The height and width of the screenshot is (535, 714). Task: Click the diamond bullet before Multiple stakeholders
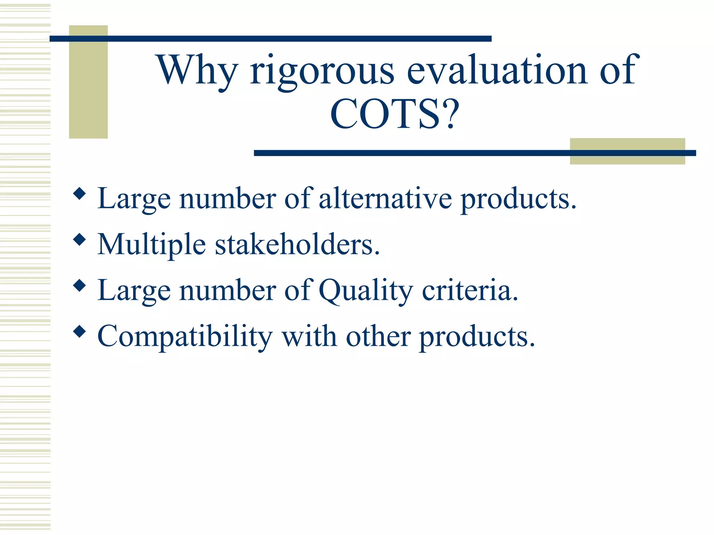pos(80,239)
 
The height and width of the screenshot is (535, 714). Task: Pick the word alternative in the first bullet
pos(385,199)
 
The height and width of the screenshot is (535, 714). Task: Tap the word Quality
pos(366,291)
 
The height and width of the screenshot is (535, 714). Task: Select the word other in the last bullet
pos(378,336)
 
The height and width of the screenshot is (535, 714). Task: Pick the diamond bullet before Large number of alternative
pos(80,193)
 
